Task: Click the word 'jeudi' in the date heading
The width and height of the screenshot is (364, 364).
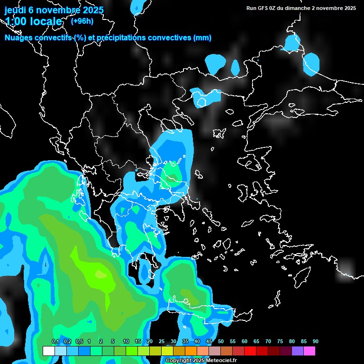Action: [x=16, y=10]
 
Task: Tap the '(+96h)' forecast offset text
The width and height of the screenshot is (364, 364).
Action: [x=82, y=21]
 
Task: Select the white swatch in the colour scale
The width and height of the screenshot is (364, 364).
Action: [x=48, y=351]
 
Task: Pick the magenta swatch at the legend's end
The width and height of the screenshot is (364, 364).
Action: [x=309, y=351]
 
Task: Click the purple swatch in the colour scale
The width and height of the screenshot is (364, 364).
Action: [x=298, y=351]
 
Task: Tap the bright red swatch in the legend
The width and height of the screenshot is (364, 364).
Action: [x=250, y=351]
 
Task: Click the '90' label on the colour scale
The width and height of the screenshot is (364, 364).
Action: [x=316, y=342]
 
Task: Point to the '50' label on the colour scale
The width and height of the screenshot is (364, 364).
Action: [x=221, y=342]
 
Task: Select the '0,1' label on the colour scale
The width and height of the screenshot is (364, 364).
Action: [x=55, y=342]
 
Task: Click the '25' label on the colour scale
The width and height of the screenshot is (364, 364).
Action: [x=162, y=342]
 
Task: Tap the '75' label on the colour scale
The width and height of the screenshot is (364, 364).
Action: [x=280, y=342]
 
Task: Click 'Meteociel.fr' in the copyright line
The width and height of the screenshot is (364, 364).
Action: [x=221, y=361]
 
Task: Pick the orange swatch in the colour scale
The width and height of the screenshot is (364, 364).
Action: [x=191, y=351]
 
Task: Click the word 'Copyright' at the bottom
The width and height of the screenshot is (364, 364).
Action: [x=178, y=361]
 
